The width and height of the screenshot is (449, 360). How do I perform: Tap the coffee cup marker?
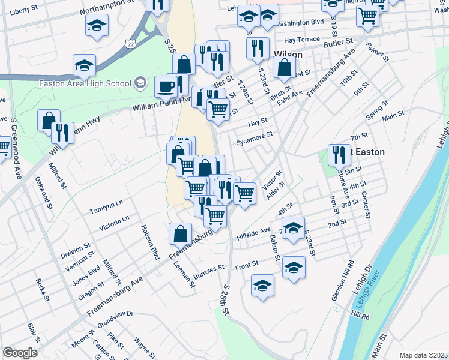pyautogui.click(x=166, y=86)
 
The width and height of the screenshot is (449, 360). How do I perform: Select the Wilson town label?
pyautogui.click(x=287, y=53)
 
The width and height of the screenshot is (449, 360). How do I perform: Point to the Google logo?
pyautogui.click(x=20, y=352)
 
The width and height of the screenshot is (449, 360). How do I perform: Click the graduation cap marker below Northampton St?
pyautogui.click(x=96, y=26)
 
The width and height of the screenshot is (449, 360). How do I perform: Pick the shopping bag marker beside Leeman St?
pyautogui.click(x=180, y=234)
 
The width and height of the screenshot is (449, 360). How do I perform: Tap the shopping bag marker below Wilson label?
pyautogui.click(x=285, y=68)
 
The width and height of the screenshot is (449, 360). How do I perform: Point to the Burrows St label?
pyautogui.click(x=208, y=267)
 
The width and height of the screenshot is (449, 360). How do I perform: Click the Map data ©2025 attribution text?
pyautogui.click(x=423, y=355)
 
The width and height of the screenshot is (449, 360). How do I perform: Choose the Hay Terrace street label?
pyautogui.click(x=302, y=40)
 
